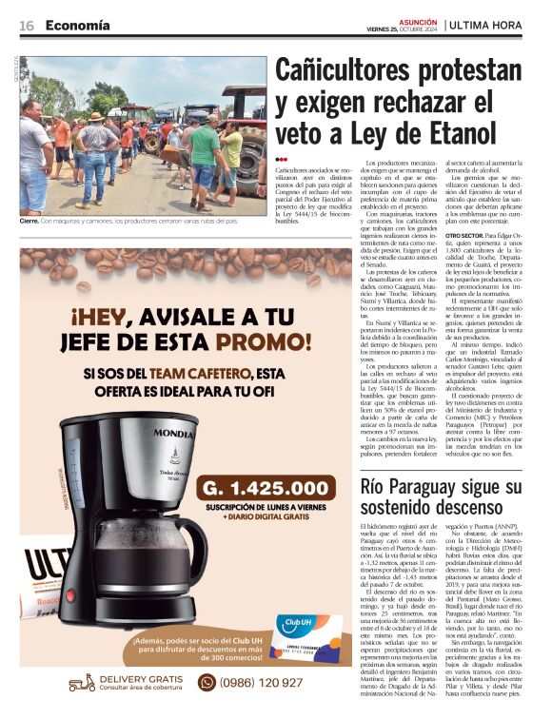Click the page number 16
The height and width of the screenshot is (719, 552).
(26, 25)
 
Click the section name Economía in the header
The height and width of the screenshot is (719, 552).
(77, 25)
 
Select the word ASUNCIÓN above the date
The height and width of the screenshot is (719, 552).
(416, 19)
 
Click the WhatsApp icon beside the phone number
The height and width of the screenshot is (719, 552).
(206, 682)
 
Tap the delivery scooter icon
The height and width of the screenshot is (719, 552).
(82, 682)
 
